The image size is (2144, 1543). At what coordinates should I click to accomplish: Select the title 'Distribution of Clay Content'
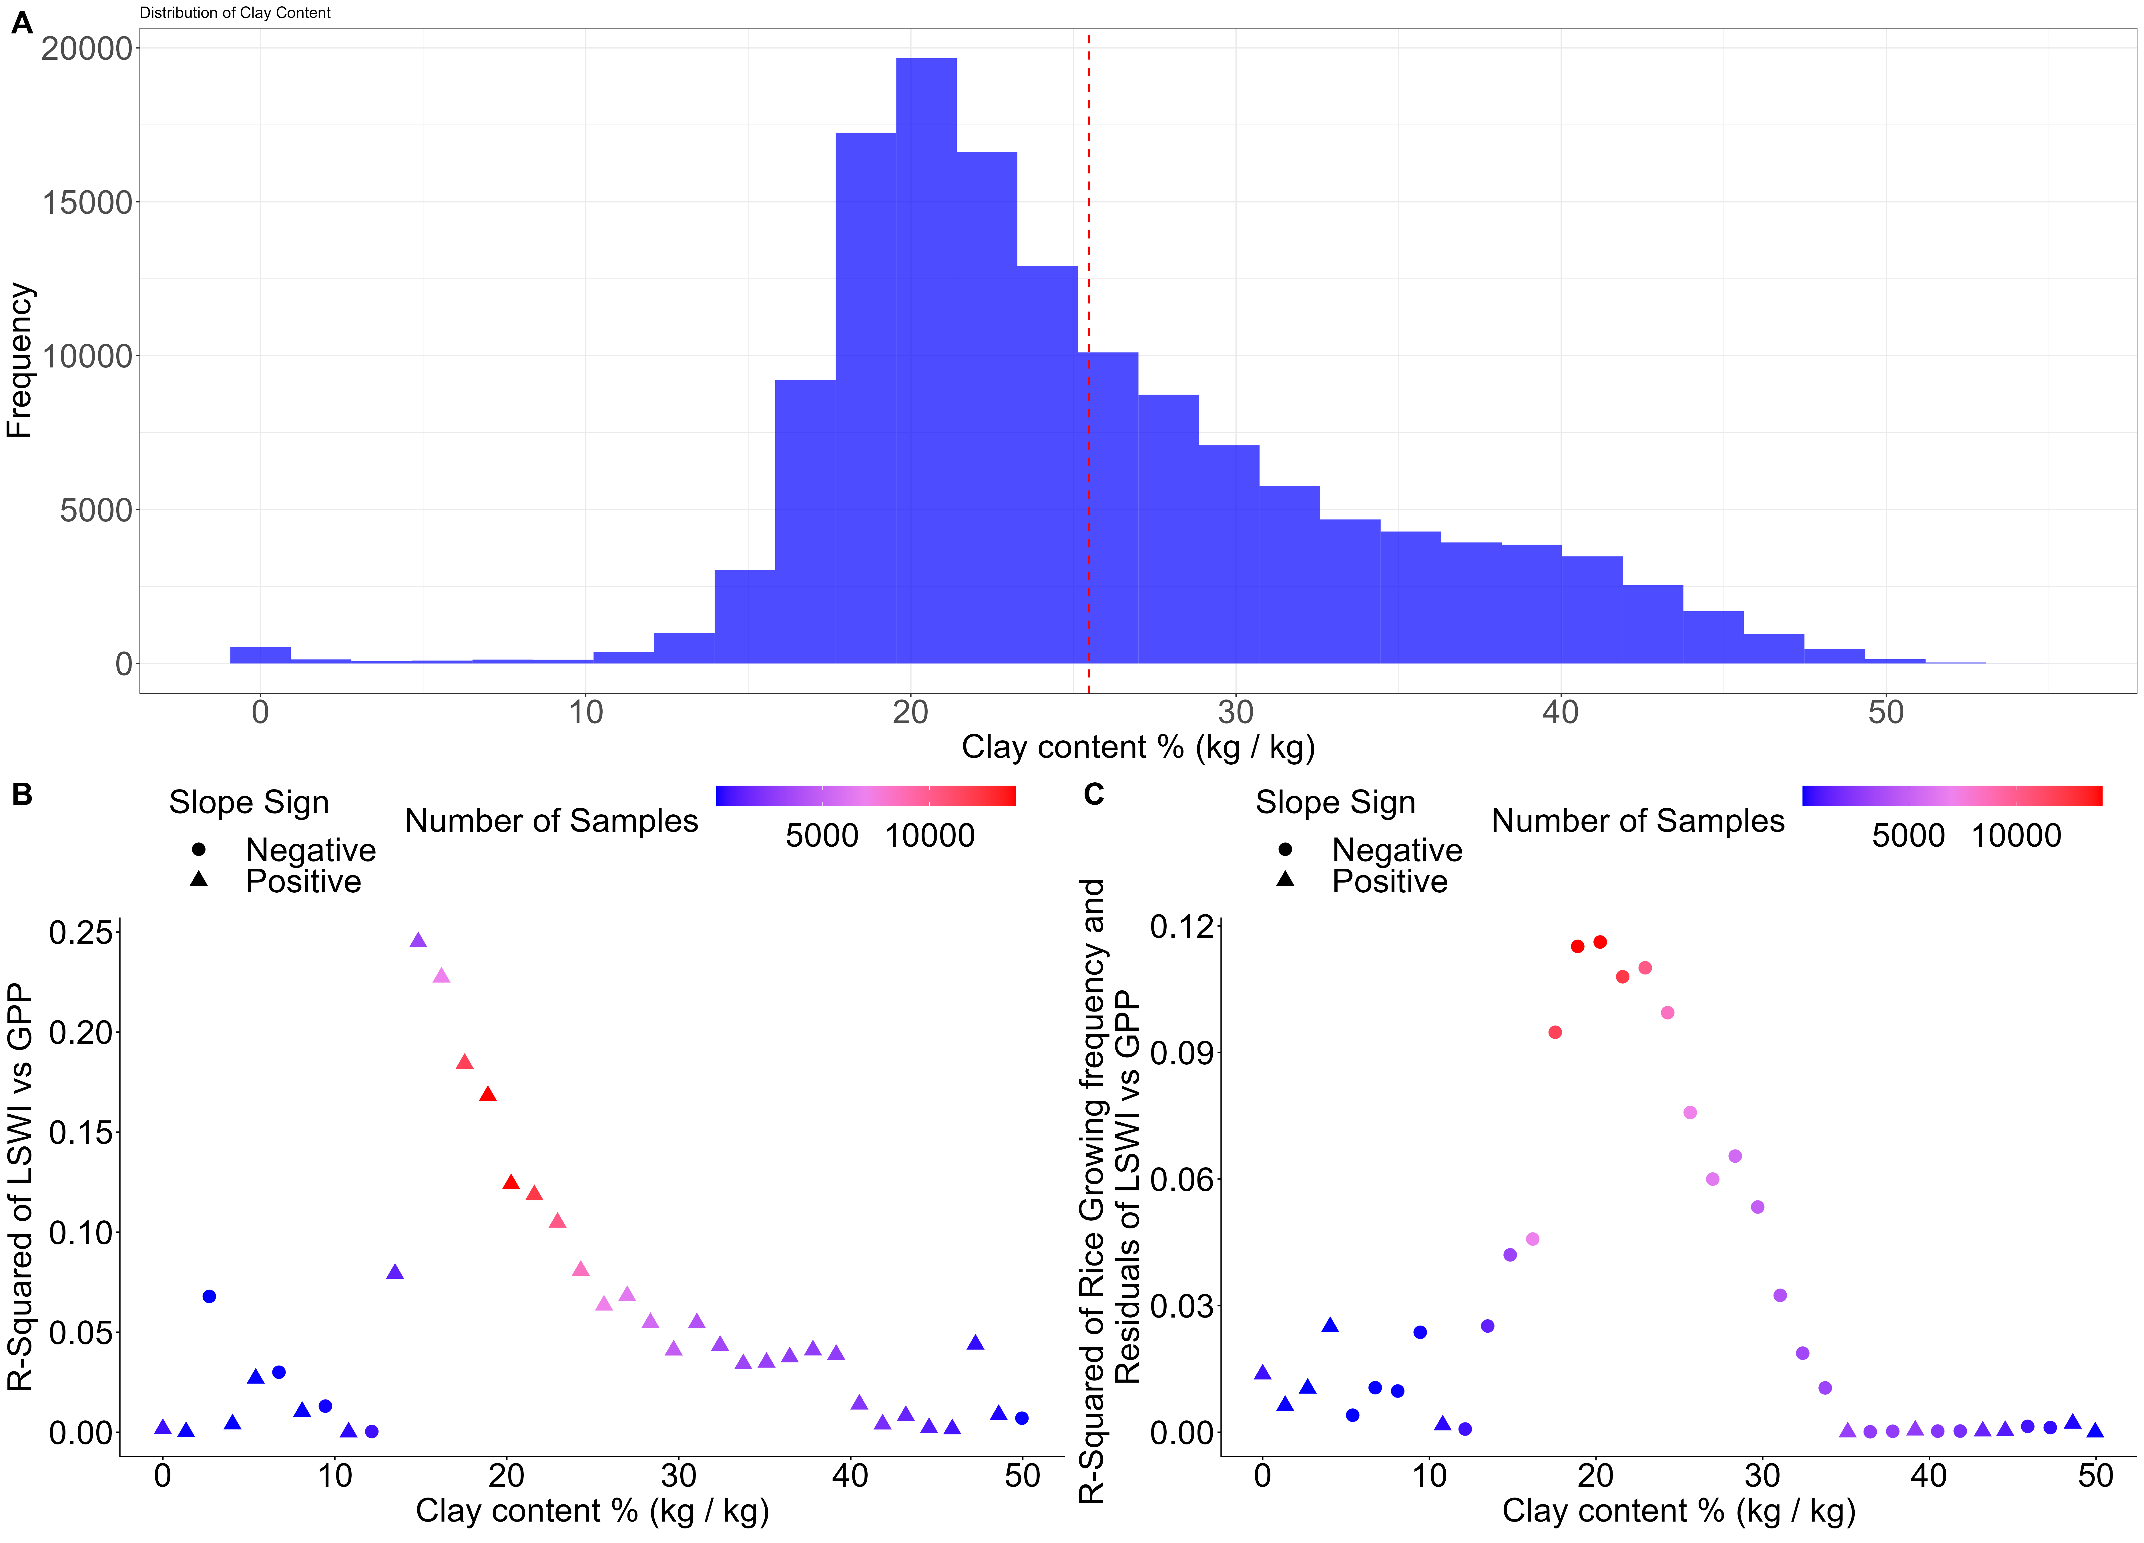click(235, 12)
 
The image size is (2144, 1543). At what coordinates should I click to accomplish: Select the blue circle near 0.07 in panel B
click(209, 1296)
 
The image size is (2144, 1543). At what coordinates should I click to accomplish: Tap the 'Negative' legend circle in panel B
click(198, 850)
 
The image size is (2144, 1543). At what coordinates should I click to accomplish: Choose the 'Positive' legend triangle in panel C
click(1285, 879)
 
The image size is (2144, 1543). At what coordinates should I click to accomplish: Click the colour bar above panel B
click(866, 796)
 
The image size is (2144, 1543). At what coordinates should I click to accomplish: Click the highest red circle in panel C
click(1599, 942)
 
